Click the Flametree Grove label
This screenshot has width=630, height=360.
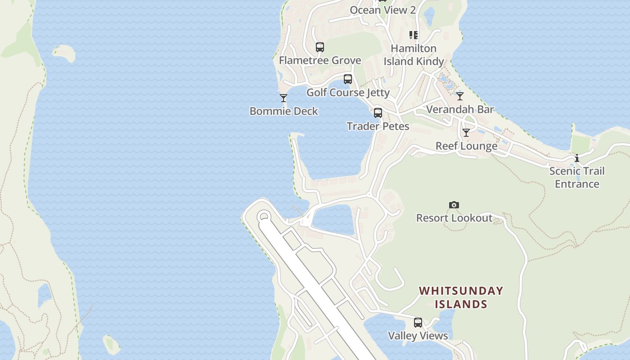(x=320, y=60)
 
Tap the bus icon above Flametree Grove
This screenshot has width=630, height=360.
(x=320, y=47)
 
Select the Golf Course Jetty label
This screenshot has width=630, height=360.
(x=348, y=93)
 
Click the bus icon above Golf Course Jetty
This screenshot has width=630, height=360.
(x=348, y=79)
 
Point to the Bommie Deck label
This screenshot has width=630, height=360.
(x=283, y=111)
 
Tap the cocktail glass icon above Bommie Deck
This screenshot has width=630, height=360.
(x=283, y=98)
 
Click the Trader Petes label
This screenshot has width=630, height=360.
(x=378, y=126)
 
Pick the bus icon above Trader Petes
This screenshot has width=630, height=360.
(x=378, y=113)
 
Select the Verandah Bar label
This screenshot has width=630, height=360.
(x=460, y=109)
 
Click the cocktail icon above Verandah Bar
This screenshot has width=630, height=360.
(x=460, y=96)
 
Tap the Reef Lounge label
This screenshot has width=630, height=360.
(x=466, y=146)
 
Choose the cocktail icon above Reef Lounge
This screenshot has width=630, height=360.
(x=466, y=133)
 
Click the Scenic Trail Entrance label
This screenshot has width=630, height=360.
(x=577, y=177)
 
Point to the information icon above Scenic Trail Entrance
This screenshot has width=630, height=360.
(x=577, y=158)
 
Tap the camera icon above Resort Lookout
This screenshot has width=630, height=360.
(x=454, y=205)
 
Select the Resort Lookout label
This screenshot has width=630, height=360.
(x=454, y=218)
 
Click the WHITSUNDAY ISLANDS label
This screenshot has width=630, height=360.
(x=461, y=297)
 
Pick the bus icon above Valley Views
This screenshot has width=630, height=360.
(x=418, y=323)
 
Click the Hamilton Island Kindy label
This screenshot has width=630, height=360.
(x=414, y=55)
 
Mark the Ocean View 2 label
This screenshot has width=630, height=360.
(x=382, y=10)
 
